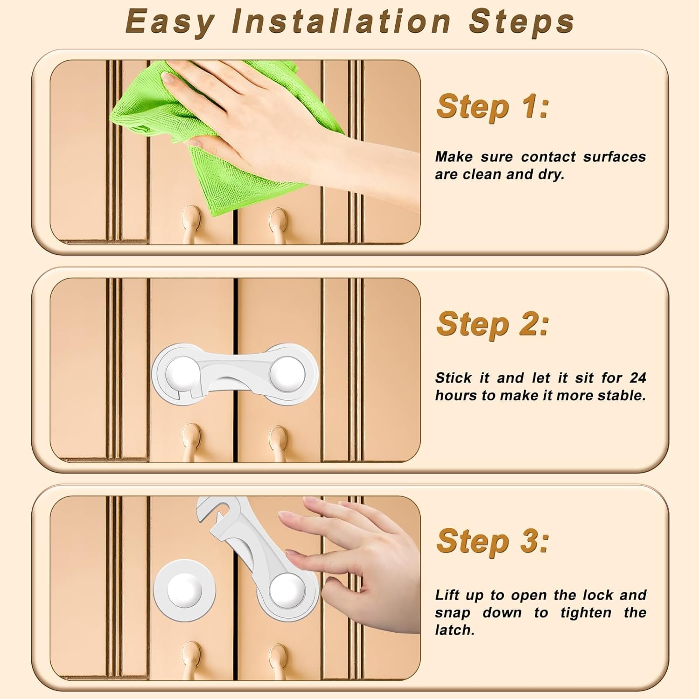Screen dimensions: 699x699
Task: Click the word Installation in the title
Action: pos(342,21)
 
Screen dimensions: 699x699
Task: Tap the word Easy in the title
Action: pos(170,22)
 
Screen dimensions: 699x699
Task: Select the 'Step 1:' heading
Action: pos(493,107)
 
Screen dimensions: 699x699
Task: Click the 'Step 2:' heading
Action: pos(493,324)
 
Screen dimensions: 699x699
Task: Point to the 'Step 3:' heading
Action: pos(493,541)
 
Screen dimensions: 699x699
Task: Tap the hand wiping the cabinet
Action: pos(280,121)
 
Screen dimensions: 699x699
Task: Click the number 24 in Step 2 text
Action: pos(638,377)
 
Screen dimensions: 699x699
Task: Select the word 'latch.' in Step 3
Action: pos(454,630)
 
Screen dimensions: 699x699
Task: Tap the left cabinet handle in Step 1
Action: pos(191,224)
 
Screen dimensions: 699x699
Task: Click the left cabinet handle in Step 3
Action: pos(191,659)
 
